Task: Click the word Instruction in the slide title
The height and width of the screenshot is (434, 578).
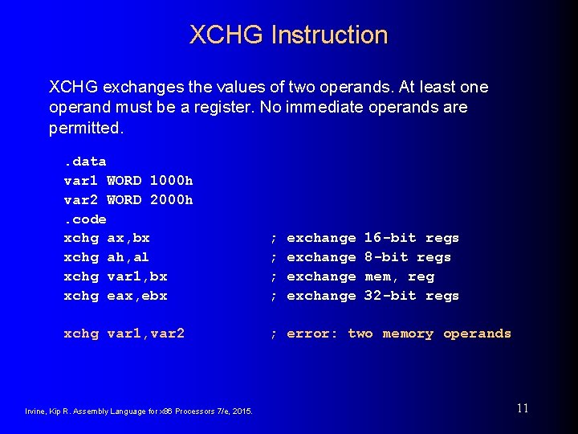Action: coord(329,35)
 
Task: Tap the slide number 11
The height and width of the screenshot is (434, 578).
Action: coord(523,408)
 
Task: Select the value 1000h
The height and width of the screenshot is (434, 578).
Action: coord(171,180)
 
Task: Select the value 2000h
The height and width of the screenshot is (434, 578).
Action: coord(171,199)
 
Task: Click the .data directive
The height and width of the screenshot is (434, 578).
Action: coord(85,162)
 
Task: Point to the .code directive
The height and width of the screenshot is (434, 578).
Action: coord(85,219)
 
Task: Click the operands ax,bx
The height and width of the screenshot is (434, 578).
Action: coord(128,238)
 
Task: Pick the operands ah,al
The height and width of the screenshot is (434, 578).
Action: coord(128,257)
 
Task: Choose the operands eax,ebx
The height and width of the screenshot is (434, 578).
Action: coord(137,296)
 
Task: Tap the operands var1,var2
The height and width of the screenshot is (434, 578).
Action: coord(145,334)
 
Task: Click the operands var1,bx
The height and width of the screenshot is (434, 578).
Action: coord(137,276)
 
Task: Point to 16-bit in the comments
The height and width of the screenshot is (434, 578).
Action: coord(390,238)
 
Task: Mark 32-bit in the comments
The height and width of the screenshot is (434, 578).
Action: coord(390,296)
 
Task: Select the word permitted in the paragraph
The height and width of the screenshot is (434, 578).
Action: coord(85,128)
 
